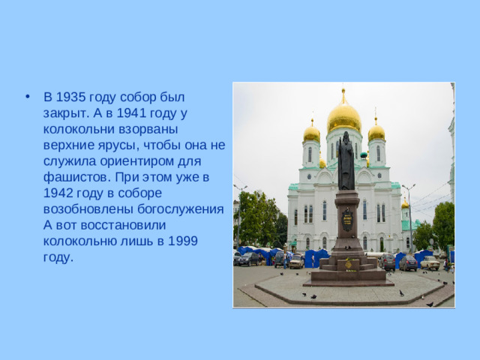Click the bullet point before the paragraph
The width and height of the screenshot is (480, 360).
(x=28, y=97)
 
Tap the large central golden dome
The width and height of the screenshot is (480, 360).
(x=344, y=117)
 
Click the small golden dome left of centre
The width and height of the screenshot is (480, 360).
(x=311, y=133)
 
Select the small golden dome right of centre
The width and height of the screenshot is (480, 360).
(x=376, y=132)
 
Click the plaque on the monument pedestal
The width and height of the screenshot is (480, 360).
(x=347, y=220)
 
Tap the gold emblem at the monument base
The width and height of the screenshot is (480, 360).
(x=348, y=263)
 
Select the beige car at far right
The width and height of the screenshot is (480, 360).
(x=430, y=263)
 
